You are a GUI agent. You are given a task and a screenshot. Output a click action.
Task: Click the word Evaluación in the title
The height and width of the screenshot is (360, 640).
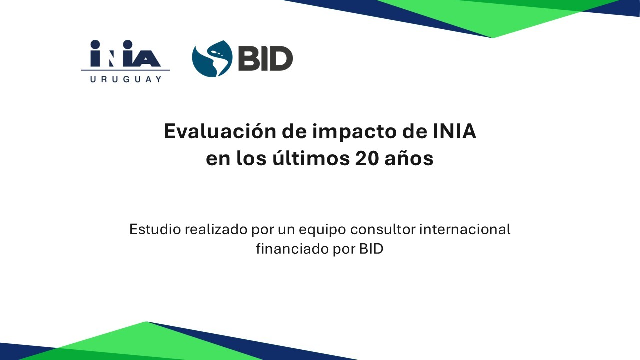[x=220, y=131]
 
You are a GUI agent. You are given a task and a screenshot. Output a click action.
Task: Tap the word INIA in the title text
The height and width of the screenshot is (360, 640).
[x=454, y=131]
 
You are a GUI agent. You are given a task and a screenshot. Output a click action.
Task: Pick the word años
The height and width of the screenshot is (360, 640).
[x=409, y=158]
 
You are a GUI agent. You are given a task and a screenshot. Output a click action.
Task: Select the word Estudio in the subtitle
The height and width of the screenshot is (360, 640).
[x=155, y=229]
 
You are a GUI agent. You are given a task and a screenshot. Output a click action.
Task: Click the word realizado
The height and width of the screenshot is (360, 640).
[x=216, y=229]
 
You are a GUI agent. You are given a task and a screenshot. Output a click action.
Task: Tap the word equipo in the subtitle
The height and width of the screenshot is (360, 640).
[x=322, y=231]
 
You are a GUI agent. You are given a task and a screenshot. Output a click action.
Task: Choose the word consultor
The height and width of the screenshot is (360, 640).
[x=383, y=229]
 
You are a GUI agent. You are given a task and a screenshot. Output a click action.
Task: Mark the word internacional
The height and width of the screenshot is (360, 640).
[x=465, y=229]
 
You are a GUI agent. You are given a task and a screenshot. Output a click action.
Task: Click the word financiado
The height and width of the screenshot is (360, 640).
[x=292, y=249]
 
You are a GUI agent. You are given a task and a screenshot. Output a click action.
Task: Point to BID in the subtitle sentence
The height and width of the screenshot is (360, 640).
[x=371, y=249]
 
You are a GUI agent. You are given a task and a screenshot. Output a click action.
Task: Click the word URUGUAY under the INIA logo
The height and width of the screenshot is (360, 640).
[x=126, y=79]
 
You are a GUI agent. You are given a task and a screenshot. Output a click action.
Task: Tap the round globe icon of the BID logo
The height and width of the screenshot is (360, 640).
[x=212, y=59]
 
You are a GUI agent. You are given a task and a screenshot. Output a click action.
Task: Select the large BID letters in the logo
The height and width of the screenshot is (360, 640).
[x=265, y=58]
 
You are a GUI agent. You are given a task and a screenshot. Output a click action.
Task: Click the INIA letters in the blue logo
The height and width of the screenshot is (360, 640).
[x=125, y=53]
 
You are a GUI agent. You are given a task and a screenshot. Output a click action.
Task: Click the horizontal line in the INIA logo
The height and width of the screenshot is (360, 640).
[x=126, y=70]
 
